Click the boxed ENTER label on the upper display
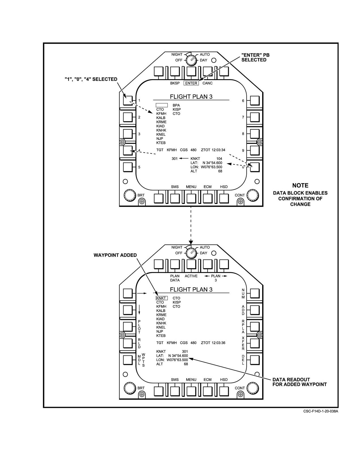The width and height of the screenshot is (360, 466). pos(191,83)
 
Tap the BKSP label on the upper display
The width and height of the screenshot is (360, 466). pos(175,83)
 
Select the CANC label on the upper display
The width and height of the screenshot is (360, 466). pos(207,83)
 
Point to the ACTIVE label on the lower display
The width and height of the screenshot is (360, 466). pos(191,276)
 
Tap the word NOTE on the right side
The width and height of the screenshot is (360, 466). pos(300,185)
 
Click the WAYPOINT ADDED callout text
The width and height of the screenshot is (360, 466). pos(115,255)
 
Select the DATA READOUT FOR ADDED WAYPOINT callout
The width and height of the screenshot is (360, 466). pos(300,382)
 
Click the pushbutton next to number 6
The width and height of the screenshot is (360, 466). pos(255,100)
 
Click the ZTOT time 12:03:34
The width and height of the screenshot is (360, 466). pos(218,150)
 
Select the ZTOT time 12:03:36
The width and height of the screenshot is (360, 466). pos(218,343)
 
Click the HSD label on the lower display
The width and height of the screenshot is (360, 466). pos(224,379)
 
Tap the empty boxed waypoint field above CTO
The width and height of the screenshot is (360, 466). pos(162,105)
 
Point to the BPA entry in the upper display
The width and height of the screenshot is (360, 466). pos(176,105)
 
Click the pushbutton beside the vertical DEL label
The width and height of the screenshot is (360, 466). pos(255,360)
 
